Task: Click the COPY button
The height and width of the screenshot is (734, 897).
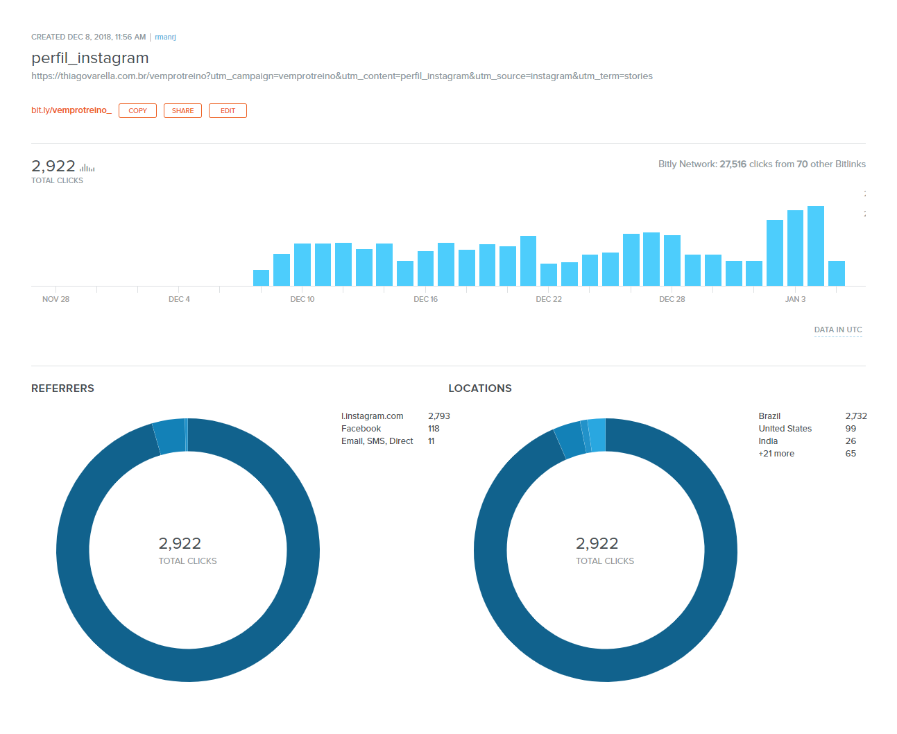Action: (137, 111)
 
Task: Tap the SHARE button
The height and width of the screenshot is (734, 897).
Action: (182, 111)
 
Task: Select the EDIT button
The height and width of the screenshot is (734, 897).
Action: (228, 111)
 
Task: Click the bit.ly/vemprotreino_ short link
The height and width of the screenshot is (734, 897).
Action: (71, 110)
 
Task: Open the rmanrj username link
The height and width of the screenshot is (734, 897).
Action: (165, 37)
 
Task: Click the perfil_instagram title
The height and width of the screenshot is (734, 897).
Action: (90, 58)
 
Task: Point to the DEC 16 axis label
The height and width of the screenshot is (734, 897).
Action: (425, 299)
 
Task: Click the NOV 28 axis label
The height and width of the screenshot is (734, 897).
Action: (55, 299)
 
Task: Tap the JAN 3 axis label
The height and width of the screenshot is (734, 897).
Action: (795, 299)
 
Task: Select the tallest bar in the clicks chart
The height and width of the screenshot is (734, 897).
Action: (816, 246)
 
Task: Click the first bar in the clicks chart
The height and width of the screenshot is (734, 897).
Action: (261, 278)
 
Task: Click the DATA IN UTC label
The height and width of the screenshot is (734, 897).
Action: (838, 330)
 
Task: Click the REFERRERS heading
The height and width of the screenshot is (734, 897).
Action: (62, 389)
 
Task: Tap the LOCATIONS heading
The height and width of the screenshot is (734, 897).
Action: (480, 389)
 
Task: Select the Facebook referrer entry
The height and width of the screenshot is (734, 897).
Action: (361, 429)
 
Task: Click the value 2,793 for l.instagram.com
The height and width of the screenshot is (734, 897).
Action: (438, 416)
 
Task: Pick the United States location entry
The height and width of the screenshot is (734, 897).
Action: (785, 429)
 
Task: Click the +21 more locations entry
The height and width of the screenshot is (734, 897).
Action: (776, 454)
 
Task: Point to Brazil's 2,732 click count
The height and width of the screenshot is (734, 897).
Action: (856, 416)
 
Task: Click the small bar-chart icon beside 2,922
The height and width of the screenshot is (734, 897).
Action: (87, 167)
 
